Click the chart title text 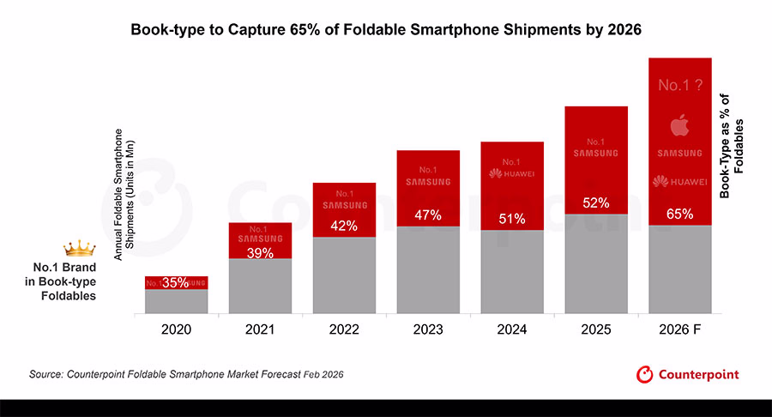click(385, 29)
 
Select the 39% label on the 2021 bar click(260, 252)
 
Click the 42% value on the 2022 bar click(344, 227)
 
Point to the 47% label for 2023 click(428, 215)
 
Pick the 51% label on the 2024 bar click(512, 218)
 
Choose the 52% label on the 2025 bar click(596, 203)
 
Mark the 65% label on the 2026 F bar click(680, 214)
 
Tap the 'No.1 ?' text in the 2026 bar click(680, 86)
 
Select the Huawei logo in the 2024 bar click(512, 173)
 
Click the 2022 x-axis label click(344, 329)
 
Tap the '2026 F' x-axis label click(680, 329)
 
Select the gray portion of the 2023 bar click(428, 270)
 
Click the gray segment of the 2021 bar click(260, 287)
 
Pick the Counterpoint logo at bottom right click(687, 374)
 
